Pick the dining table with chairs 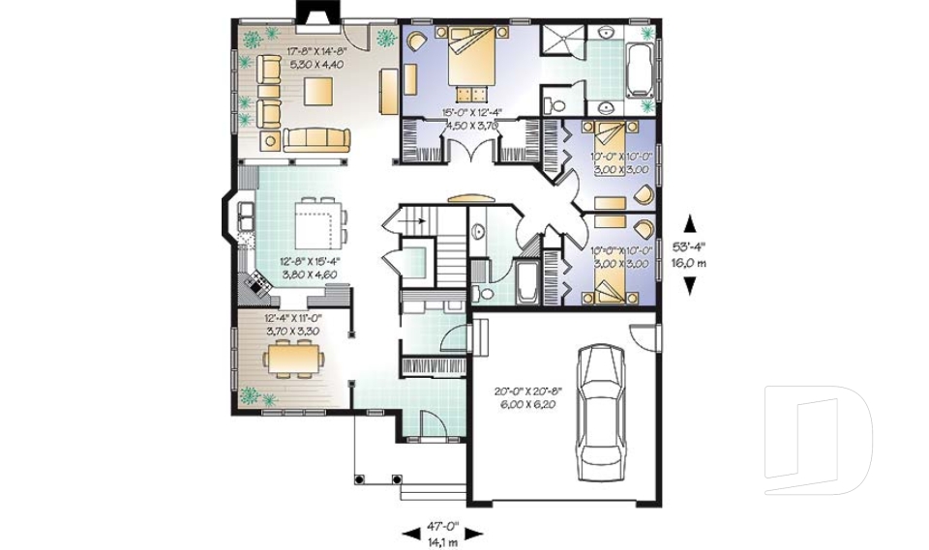coord(295,361)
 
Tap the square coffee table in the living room coord(319,93)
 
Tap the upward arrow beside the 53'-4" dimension coord(689,220)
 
